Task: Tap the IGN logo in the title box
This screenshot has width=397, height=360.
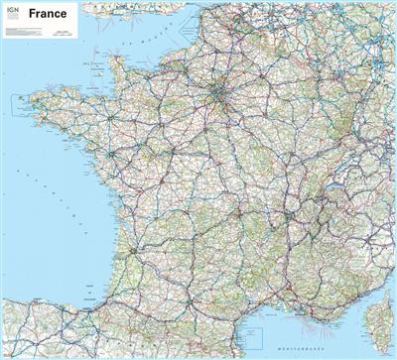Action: point(11,11)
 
